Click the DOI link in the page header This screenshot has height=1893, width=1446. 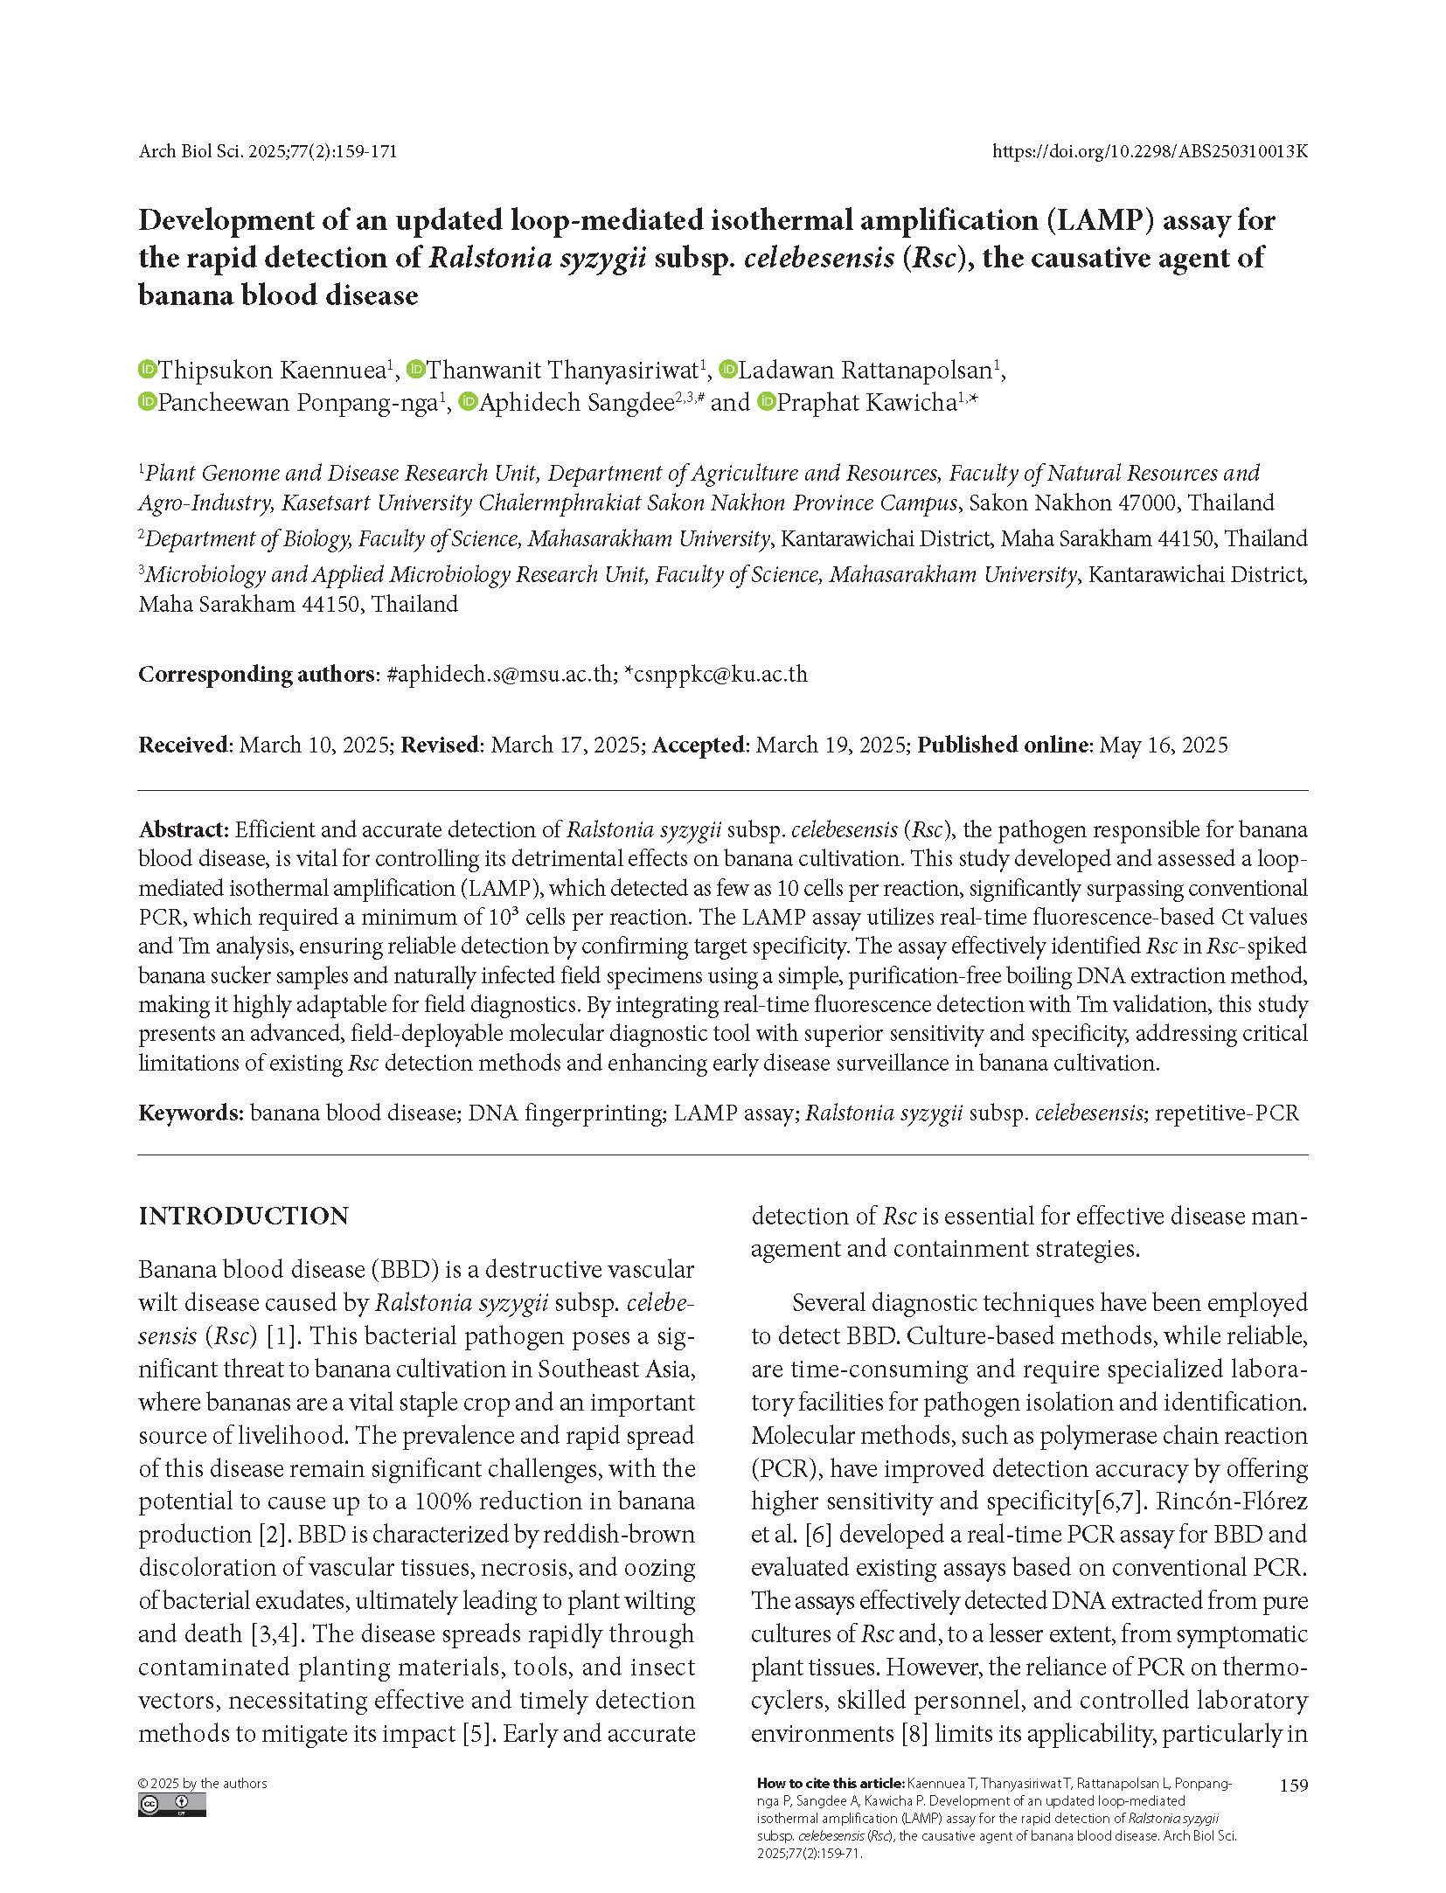pyautogui.click(x=1150, y=151)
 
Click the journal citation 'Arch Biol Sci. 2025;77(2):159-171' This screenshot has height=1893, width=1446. pyautogui.click(x=268, y=151)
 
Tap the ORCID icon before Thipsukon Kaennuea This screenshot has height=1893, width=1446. pyautogui.click(x=147, y=370)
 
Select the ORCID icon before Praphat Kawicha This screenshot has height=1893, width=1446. pyautogui.click(x=767, y=402)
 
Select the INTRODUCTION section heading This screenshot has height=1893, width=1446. pyautogui.click(x=243, y=1216)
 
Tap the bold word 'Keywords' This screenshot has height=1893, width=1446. pyautogui.click(x=190, y=1113)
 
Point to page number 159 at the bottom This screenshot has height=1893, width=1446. pyautogui.click(x=1293, y=1785)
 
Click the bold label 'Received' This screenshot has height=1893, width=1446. pyautogui.click(x=183, y=745)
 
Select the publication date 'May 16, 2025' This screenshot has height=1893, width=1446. pyautogui.click(x=1163, y=745)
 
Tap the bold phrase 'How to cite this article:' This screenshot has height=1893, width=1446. pyautogui.click(x=830, y=1784)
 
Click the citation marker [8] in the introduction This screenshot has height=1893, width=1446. pyautogui.click(x=914, y=1733)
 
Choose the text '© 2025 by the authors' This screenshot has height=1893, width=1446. pyautogui.click(x=203, y=1784)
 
